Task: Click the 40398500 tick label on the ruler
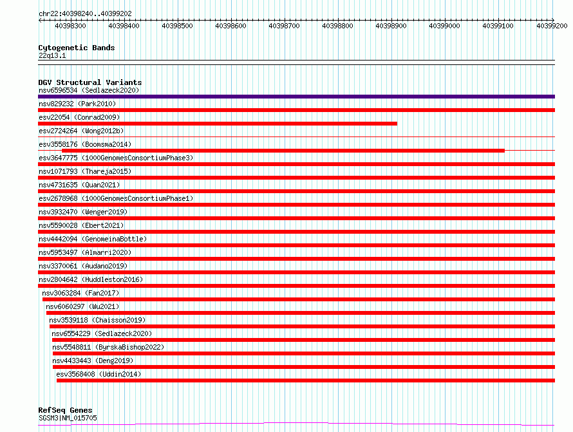click(x=177, y=26)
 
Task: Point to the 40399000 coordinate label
click(x=444, y=26)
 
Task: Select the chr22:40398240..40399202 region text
click(x=85, y=14)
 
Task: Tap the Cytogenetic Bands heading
click(x=77, y=48)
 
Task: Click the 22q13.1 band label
click(x=52, y=55)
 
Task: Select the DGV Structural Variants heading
click(x=90, y=82)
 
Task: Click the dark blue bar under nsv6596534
click(x=296, y=97)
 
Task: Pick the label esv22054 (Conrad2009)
click(x=79, y=117)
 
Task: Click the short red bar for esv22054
click(x=218, y=124)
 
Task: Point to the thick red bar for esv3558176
click(x=283, y=151)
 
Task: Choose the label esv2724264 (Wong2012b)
click(x=81, y=131)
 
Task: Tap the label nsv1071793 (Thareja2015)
click(x=85, y=171)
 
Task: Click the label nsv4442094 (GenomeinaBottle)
click(x=93, y=239)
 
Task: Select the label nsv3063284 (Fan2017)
click(x=80, y=293)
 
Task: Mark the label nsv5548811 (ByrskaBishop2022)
click(x=108, y=347)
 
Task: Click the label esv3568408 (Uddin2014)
click(x=99, y=374)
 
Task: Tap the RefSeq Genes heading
click(x=66, y=410)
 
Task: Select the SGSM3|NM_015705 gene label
click(x=68, y=418)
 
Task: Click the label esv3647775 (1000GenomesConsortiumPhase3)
click(x=116, y=158)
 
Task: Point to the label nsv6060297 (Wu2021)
click(x=82, y=306)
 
